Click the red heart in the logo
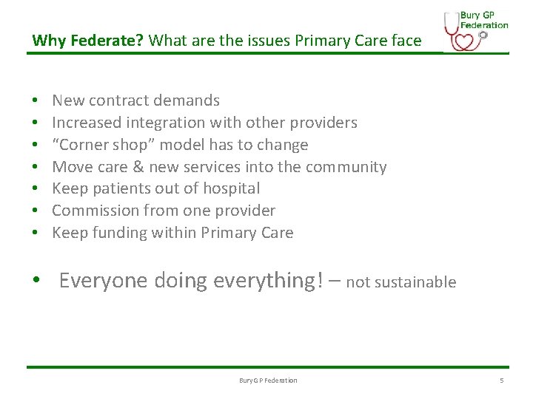463,40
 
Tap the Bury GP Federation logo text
484,20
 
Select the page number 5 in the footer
501,381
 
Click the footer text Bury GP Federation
268,381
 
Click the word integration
160,123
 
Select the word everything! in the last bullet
269,281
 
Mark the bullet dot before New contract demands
35,101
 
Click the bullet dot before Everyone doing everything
36,282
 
